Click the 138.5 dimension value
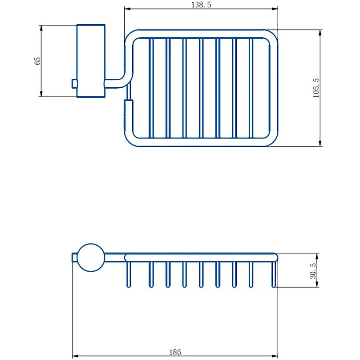(201, 4)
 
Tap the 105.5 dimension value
(316, 88)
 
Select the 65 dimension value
(37, 61)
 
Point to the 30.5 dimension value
(313, 271)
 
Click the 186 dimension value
(175, 352)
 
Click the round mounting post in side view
(91, 257)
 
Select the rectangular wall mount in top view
(91, 61)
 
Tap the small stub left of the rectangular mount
(74, 84)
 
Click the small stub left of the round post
(75, 257)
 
